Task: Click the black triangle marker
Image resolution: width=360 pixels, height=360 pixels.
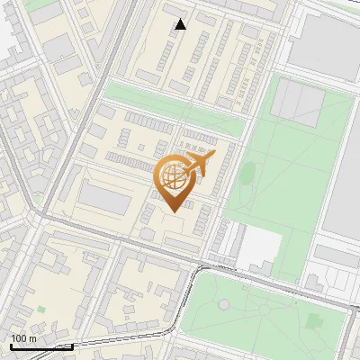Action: click(x=181, y=24)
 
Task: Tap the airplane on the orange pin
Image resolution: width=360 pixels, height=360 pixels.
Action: click(x=199, y=165)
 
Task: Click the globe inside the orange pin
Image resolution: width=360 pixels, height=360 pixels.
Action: click(x=174, y=181)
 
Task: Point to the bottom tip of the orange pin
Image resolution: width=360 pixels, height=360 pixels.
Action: click(x=174, y=212)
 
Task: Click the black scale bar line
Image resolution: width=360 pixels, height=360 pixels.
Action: click(x=40, y=346)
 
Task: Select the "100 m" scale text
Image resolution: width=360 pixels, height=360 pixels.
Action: click(x=24, y=338)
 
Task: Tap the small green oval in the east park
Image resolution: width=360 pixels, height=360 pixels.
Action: click(x=248, y=171)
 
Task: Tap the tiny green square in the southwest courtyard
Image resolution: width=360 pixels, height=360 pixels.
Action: click(x=40, y=310)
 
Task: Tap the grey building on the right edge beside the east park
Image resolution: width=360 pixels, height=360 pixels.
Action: click(x=343, y=180)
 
